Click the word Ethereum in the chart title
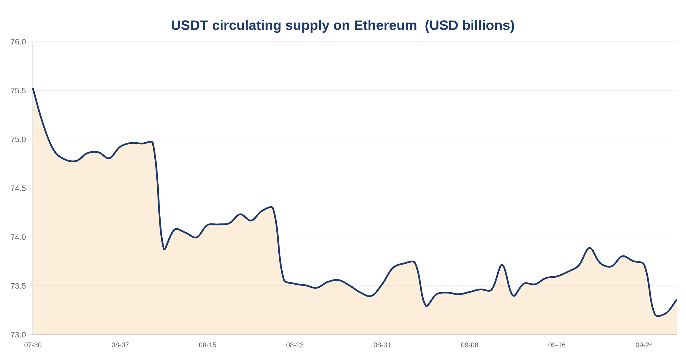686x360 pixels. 385,25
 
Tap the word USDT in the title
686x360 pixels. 190,25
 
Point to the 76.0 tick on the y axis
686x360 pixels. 18,42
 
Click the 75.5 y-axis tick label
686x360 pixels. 18,91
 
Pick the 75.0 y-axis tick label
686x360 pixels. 18,139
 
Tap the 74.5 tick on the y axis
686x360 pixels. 18,188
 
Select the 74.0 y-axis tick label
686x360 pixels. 18,237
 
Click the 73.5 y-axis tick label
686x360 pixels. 18,286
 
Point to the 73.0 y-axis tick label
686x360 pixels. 18,335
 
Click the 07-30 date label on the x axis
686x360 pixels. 33,345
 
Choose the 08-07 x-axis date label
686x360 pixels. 120,345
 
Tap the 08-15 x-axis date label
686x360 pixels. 208,345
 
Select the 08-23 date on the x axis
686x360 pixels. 295,345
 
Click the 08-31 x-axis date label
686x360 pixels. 382,345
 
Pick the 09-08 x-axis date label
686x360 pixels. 470,345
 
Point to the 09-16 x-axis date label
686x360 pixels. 557,345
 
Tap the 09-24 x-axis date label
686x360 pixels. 644,345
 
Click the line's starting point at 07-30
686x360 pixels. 33,88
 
